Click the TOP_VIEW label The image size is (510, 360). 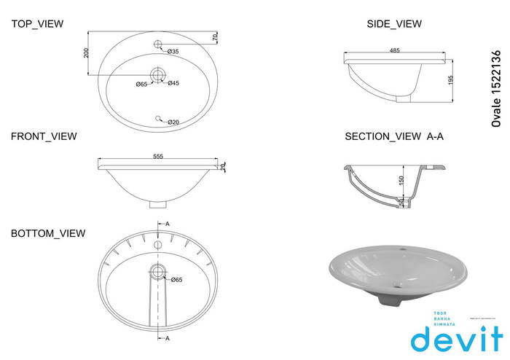click(x=37, y=24)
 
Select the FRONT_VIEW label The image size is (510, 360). click(x=44, y=136)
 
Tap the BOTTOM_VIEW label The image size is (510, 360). click(x=48, y=233)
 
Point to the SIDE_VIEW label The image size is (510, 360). click(x=394, y=24)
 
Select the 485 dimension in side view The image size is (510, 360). click(x=394, y=51)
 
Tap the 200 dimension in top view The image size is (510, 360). click(x=86, y=53)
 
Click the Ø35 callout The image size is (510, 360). click(x=173, y=52)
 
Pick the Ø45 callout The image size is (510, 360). click(x=173, y=83)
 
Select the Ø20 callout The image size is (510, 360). click(x=173, y=122)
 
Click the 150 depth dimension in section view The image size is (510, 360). click(x=401, y=180)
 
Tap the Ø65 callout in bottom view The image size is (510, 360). click(x=176, y=279)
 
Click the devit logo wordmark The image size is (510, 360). click(x=455, y=339)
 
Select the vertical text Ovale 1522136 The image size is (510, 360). click(x=497, y=89)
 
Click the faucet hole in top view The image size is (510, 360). click(x=157, y=45)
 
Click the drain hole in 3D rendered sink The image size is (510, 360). click(x=396, y=285)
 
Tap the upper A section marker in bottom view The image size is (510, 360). click(x=167, y=223)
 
